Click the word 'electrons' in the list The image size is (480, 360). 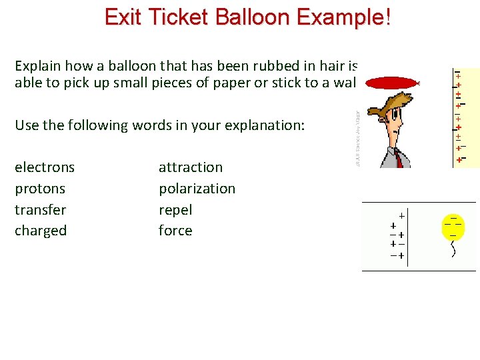point(45,167)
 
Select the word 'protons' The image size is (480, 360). point(40,189)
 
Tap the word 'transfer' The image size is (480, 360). point(41,210)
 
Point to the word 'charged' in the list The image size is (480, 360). point(41,231)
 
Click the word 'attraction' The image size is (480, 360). point(191,167)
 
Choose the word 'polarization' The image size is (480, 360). point(197,189)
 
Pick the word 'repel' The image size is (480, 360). point(175,210)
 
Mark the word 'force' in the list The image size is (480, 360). point(175,231)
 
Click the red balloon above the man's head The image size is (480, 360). point(391,83)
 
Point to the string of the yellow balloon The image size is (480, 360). point(454,249)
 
